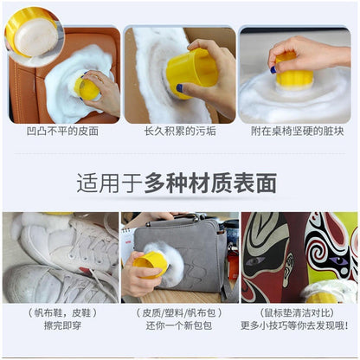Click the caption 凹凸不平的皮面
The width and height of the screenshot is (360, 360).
click(x=62, y=132)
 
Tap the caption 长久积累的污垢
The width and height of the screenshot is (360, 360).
click(x=180, y=132)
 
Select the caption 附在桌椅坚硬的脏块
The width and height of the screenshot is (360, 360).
click(x=297, y=132)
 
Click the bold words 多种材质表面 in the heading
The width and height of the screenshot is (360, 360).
click(x=210, y=183)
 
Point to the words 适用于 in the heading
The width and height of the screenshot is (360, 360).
click(x=110, y=183)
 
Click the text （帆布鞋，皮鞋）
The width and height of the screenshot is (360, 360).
click(x=62, y=312)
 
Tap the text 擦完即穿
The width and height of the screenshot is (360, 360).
click(x=62, y=325)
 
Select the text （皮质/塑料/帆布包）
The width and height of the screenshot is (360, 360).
click(x=179, y=312)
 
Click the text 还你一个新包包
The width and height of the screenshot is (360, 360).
click(x=179, y=325)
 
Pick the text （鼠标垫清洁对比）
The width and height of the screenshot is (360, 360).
click(x=297, y=312)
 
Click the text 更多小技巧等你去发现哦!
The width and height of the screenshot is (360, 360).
click(x=294, y=325)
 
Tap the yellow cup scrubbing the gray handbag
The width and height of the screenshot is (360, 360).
click(x=150, y=263)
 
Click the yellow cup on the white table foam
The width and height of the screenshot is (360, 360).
click(x=293, y=71)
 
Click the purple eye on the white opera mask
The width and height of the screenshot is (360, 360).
click(x=338, y=260)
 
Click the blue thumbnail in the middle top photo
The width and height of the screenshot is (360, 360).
click(x=180, y=88)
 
